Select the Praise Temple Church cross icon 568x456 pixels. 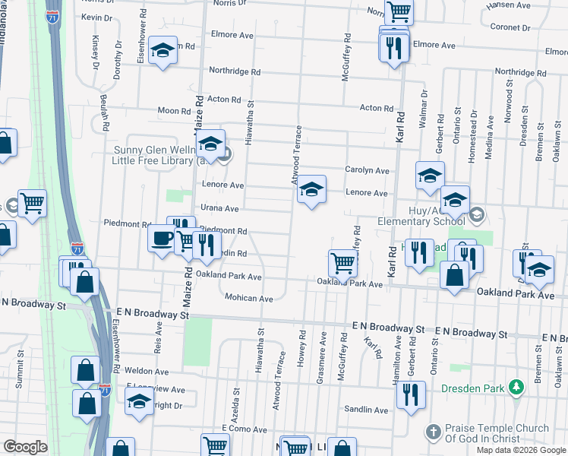[433, 432]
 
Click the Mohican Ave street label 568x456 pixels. [248, 299]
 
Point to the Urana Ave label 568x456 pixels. [219, 208]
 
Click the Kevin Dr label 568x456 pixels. [96, 17]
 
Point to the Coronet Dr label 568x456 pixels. [515, 27]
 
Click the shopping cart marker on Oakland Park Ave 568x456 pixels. [342, 263]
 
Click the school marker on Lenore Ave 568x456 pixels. [311, 189]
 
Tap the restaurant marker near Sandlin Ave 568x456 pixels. [411, 394]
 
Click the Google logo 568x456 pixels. [25, 447]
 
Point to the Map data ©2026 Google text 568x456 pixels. [521, 450]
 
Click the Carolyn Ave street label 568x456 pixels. [368, 170]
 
